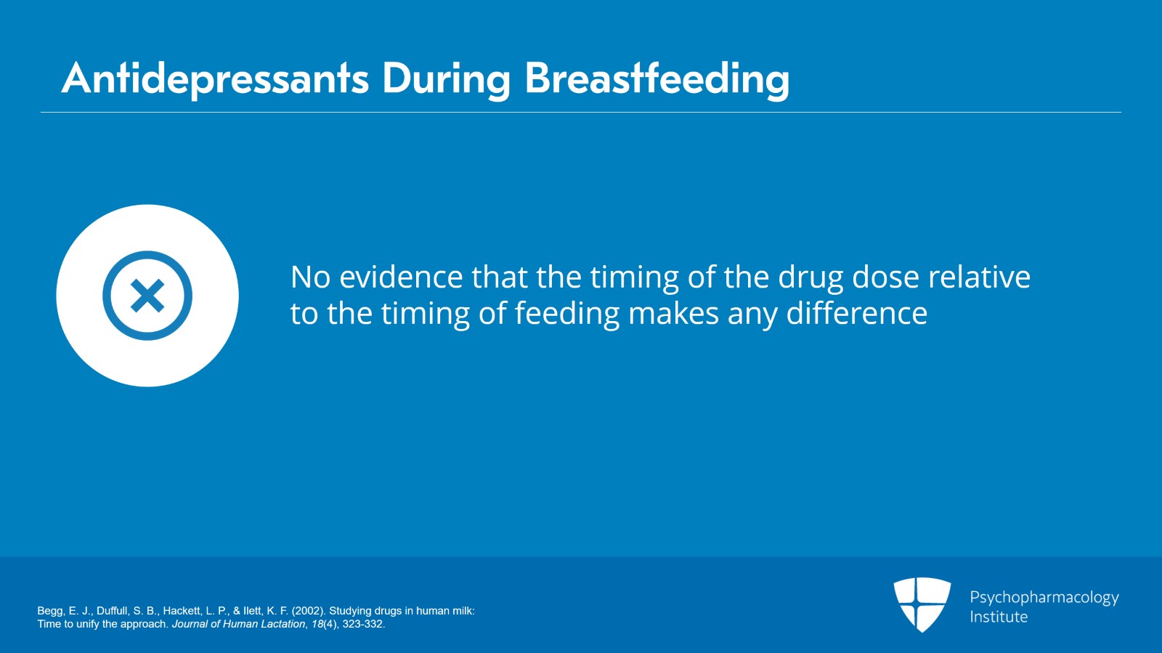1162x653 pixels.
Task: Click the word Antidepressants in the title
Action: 215,79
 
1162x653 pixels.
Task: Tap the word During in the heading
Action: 447,79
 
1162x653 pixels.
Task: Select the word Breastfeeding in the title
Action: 657,79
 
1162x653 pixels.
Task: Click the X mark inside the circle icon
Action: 147,296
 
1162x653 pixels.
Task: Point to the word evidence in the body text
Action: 400,277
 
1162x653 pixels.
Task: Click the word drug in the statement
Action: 810,278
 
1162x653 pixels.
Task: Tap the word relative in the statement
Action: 979,277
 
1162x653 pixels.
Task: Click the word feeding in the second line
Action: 567,315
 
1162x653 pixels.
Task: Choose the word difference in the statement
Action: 857,313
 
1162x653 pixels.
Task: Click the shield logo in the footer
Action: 922,604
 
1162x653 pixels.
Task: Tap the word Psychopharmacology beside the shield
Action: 1044,598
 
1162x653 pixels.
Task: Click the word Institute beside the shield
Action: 999,617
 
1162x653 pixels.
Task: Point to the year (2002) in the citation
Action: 309,611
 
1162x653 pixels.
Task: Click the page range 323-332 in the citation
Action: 362,624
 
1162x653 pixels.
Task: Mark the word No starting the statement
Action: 310,277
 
